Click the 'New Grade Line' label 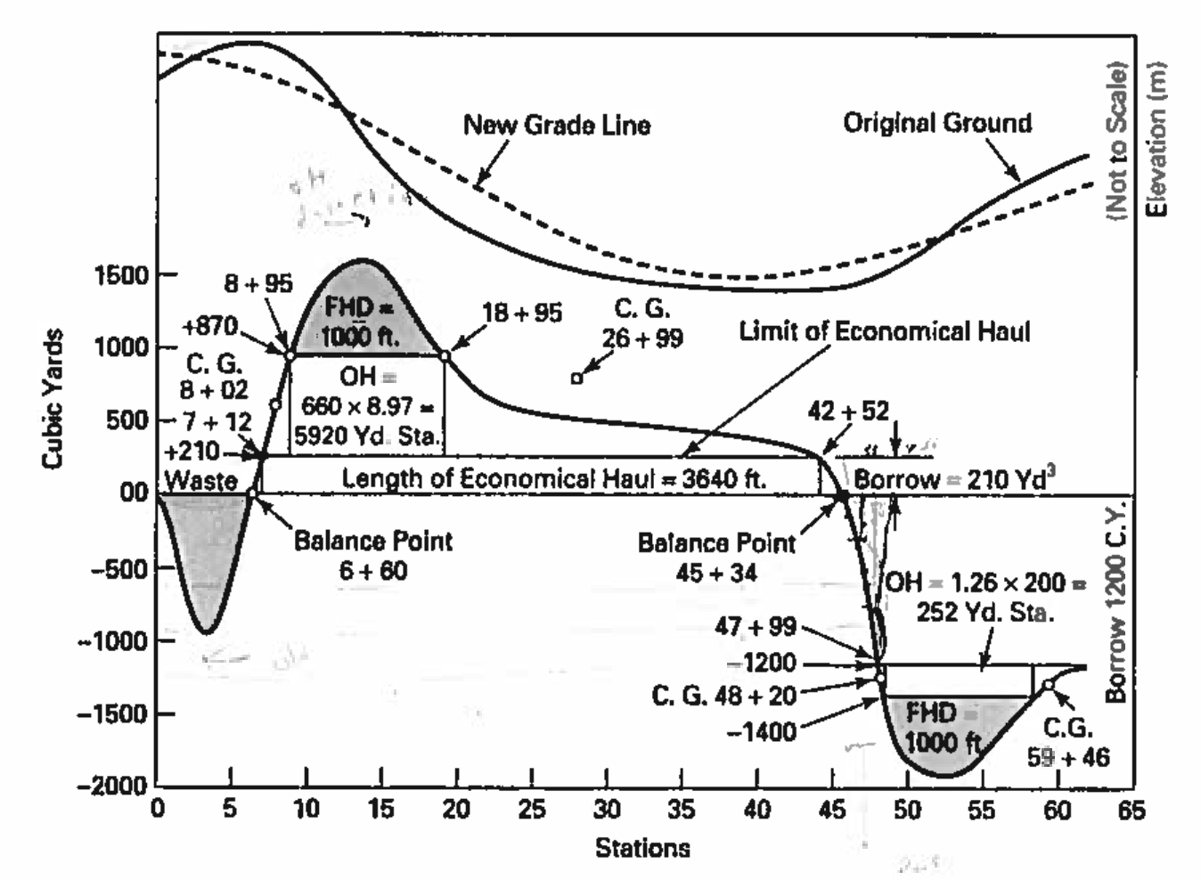tap(556, 125)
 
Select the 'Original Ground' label tap(937, 122)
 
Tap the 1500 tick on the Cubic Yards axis tap(122, 275)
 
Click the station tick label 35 tap(682, 810)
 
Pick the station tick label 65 tap(1131, 810)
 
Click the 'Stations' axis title tap(642, 847)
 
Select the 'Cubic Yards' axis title tap(53, 398)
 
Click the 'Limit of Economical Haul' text tap(884, 332)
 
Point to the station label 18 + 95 tap(522, 313)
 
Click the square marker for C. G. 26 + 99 tap(576, 379)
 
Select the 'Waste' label tap(201, 481)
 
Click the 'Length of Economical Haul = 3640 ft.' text tap(553, 478)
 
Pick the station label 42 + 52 tap(848, 411)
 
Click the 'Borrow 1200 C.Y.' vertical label tap(1116, 602)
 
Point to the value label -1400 tap(761, 732)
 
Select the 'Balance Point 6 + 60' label tap(373, 555)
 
